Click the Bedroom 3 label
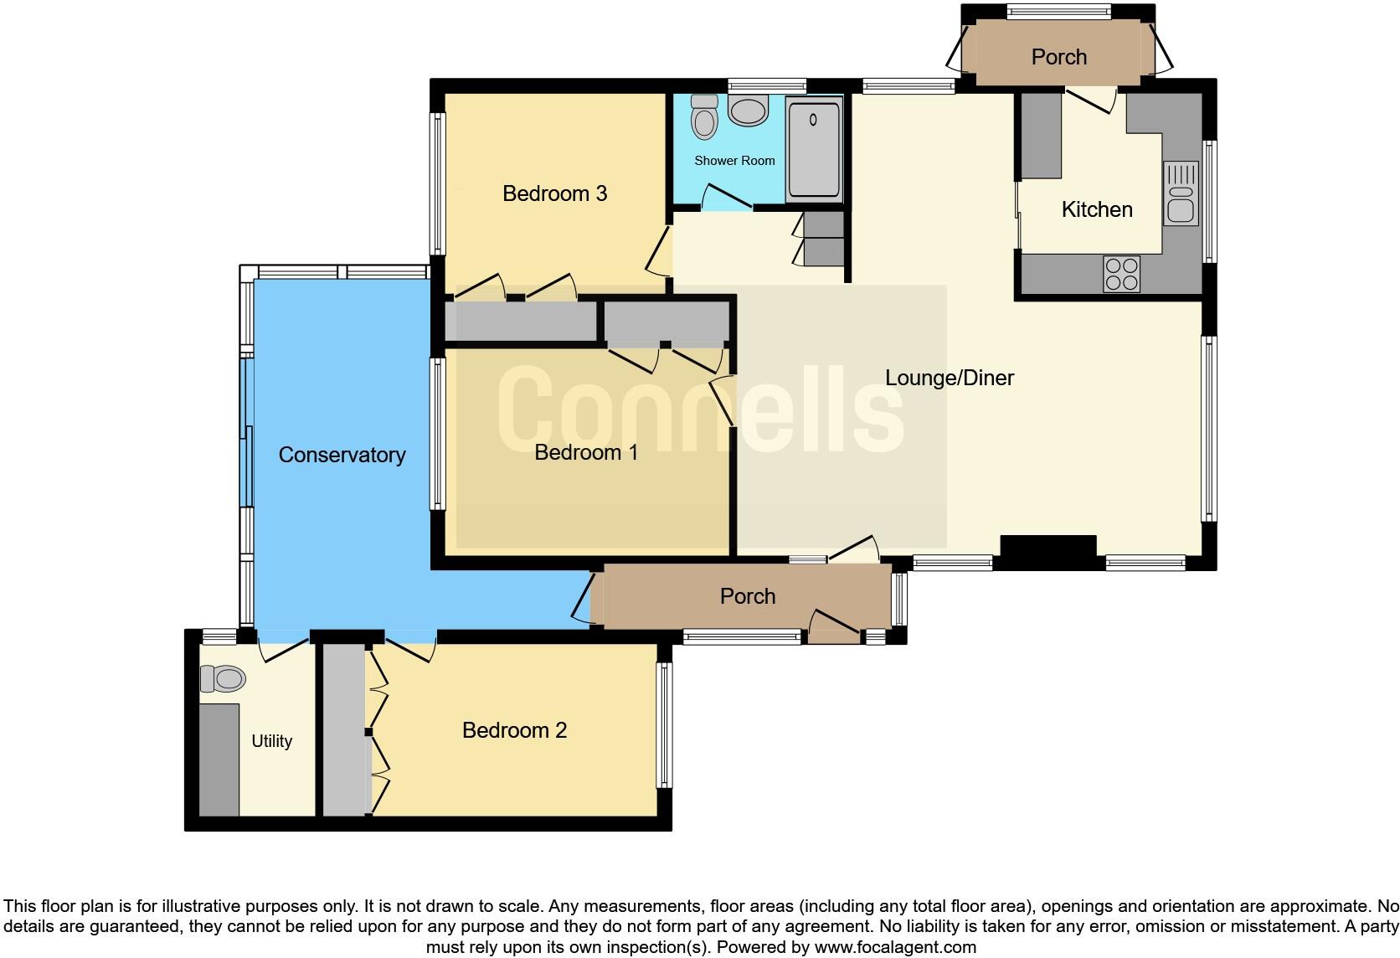(554, 193)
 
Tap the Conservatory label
(342, 455)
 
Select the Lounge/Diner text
(950, 378)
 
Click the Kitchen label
(1097, 209)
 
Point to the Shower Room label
(734, 160)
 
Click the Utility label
(271, 741)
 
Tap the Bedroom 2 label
(514, 730)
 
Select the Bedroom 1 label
(586, 452)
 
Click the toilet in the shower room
(705, 117)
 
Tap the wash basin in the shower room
(748, 111)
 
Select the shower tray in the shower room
(814, 149)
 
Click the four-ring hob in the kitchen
(1122, 274)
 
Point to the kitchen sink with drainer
(1181, 193)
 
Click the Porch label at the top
(1059, 57)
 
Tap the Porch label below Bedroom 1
(748, 596)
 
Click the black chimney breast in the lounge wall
(1048, 552)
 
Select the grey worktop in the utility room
(219, 760)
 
